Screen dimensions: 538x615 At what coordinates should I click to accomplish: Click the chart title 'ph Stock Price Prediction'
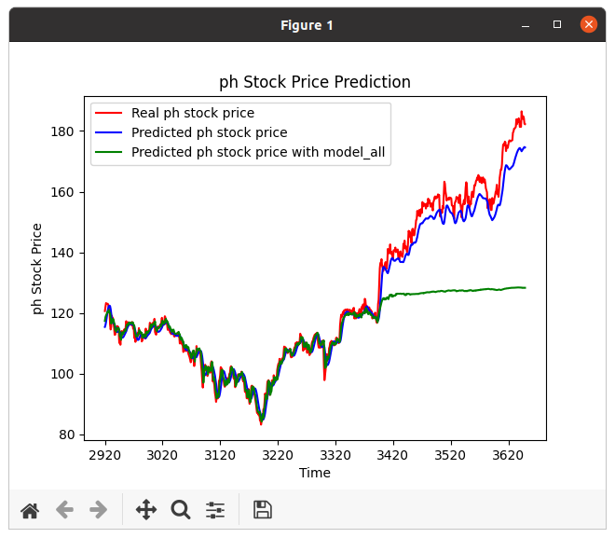(314, 82)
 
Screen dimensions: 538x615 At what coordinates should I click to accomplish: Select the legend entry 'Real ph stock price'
(192, 113)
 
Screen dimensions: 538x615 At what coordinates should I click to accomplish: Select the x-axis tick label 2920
(105, 456)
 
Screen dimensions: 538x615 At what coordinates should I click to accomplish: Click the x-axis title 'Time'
(314, 473)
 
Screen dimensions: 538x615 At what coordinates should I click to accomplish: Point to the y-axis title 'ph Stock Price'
(38, 269)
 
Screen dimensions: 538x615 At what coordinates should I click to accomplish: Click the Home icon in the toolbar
(30, 510)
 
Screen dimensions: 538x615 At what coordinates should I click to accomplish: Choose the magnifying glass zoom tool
(181, 510)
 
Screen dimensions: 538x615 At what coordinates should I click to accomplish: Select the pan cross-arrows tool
(146, 510)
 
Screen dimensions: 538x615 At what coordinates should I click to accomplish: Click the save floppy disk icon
(263, 510)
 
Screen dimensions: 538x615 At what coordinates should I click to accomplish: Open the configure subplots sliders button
(215, 510)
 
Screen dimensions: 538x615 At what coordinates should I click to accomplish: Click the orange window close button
(589, 25)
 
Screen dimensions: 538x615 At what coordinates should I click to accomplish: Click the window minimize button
(526, 25)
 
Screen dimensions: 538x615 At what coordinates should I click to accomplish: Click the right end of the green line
(525, 287)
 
